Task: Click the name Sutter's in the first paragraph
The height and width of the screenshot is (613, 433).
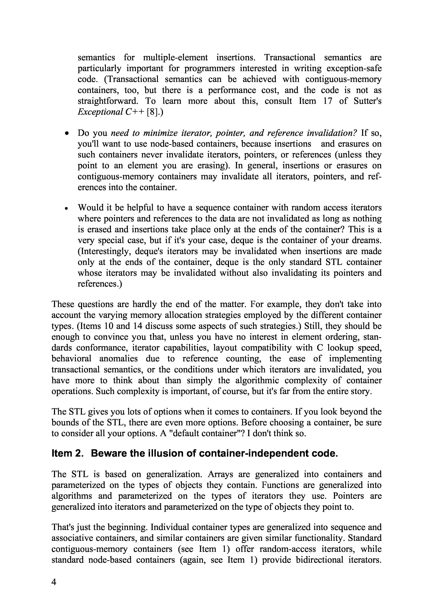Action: tap(367, 101)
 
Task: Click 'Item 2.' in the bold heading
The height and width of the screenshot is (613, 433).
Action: tap(67, 453)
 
